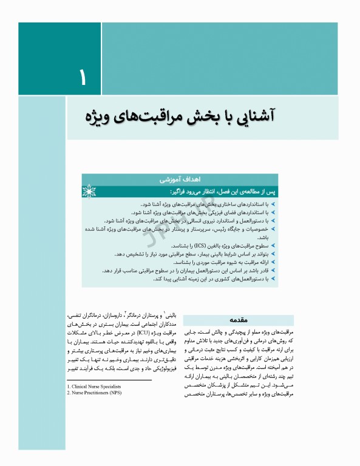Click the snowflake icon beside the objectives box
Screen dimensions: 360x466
pos(89,192)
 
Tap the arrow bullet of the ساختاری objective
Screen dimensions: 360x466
pos(273,205)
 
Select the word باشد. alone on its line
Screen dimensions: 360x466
pos(262,238)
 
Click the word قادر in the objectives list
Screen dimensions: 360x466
pos(262,270)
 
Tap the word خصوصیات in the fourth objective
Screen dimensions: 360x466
pos(256,230)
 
